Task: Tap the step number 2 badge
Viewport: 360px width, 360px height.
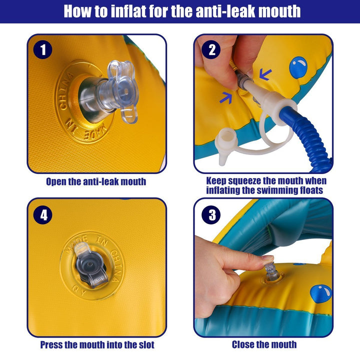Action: click(x=212, y=50)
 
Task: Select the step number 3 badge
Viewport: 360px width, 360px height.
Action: click(x=212, y=215)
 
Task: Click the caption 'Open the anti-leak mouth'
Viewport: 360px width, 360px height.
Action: click(x=96, y=181)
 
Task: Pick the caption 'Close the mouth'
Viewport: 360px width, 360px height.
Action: click(x=264, y=344)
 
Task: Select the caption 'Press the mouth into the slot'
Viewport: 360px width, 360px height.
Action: click(x=97, y=344)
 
